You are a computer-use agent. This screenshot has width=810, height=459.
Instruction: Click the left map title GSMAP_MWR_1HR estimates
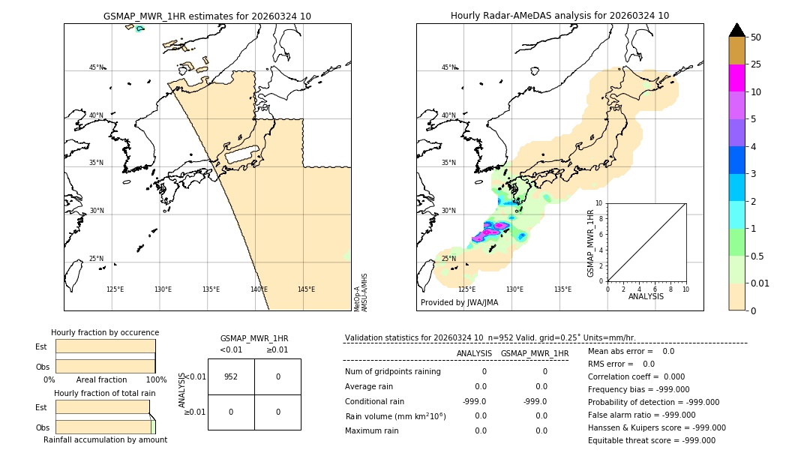[207, 16]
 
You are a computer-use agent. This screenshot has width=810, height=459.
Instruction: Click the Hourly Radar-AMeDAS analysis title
[559, 16]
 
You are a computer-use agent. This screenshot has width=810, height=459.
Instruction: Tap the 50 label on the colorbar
[756, 37]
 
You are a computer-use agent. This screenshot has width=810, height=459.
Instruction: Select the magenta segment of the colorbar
[736, 78]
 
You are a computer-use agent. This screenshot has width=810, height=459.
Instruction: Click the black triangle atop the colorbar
[736, 30]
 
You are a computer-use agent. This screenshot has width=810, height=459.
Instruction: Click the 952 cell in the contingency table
[231, 376]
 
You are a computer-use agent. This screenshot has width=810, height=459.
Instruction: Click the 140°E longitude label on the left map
[259, 289]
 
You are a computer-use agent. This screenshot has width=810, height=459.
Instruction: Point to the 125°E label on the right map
[466, 289]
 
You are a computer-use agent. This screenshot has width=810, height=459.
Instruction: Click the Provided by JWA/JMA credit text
[459, 302]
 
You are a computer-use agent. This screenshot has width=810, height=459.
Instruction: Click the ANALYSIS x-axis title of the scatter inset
[646, 296]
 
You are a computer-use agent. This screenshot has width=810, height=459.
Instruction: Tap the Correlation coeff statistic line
[633, 377]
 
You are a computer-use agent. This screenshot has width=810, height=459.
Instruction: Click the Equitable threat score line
[651, 440]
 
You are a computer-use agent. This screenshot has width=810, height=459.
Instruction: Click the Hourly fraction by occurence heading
[105, 332]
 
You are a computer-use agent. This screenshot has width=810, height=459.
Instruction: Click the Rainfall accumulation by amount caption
[105, 439]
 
